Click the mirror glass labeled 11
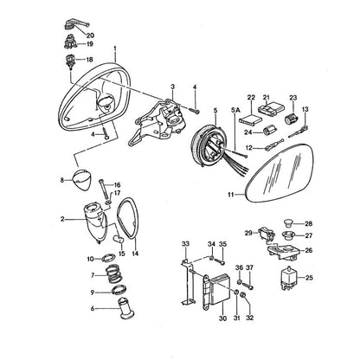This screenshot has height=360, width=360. tap(280, 173)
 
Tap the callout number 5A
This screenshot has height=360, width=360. tap(235, 110)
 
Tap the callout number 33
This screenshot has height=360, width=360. tap(185, 244)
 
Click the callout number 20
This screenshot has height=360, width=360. tap(90, 35)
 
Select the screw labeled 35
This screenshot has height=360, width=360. tap(221, 261)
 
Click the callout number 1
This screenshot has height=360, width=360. tap(115, 48)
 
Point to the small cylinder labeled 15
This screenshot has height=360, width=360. tap(118, 239)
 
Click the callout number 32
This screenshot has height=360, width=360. tap(250, 318)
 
